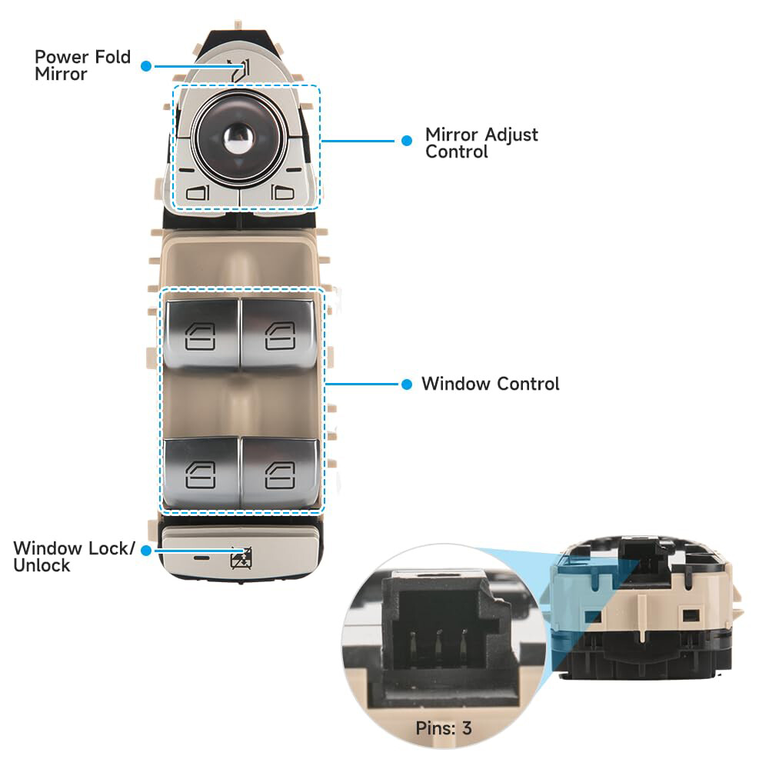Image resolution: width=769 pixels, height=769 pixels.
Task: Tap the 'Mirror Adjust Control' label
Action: coord(481,143)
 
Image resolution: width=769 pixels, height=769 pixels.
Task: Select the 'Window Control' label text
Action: coord(490,384)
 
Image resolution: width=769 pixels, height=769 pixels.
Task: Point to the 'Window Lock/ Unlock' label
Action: coord(74,557)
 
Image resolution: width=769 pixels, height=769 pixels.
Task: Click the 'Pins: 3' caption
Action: coord(444,727)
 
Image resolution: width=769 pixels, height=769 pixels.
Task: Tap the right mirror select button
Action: coord(283,192)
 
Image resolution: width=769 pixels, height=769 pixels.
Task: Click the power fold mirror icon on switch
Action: coord(241,72)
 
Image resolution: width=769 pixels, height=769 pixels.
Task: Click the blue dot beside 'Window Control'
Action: coord(407,384)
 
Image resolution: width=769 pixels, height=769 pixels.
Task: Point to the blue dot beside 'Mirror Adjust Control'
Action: coord(407,141)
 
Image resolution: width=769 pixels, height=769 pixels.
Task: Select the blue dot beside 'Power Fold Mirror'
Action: coord(146,66)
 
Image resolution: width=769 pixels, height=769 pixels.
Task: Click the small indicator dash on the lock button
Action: coord(201,556)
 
